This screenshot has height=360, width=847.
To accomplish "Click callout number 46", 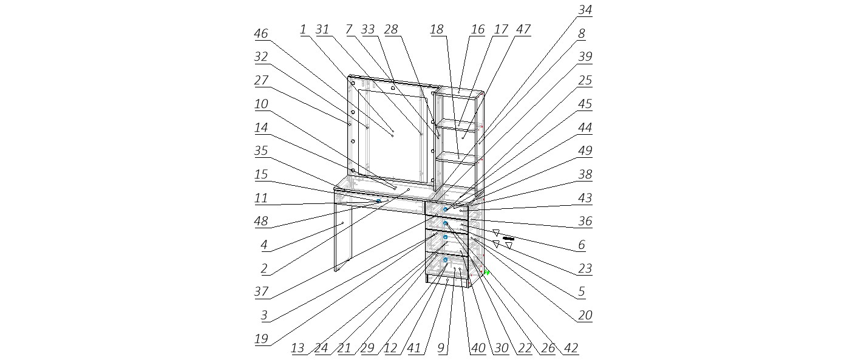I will (261, 34).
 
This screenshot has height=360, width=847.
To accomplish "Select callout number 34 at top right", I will (585, 10).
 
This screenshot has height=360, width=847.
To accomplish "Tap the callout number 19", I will (261, 339).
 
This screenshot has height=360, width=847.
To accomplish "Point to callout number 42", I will (571, 348).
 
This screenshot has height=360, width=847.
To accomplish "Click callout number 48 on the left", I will (261, 222).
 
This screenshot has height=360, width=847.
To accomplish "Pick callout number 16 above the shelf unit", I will (478, 29).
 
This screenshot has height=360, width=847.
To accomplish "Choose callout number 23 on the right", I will (585, 268).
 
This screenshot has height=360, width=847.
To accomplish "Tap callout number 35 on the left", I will (261, 151).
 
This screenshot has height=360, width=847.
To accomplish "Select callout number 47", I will (523, 29).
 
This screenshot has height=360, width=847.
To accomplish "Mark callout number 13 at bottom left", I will (298, 348).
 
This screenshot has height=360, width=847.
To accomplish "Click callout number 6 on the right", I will (582, 245).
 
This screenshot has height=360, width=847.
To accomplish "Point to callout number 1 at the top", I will (303, 29).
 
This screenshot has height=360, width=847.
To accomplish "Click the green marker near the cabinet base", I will (486, 273).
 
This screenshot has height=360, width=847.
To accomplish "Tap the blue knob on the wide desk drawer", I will (378, 201).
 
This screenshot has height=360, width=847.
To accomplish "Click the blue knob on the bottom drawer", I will (445, 260).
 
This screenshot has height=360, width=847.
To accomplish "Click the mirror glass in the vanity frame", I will (392, 137).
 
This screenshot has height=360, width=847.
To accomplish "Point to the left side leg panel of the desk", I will (343, 237).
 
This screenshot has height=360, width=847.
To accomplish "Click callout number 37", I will (261, 291).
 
